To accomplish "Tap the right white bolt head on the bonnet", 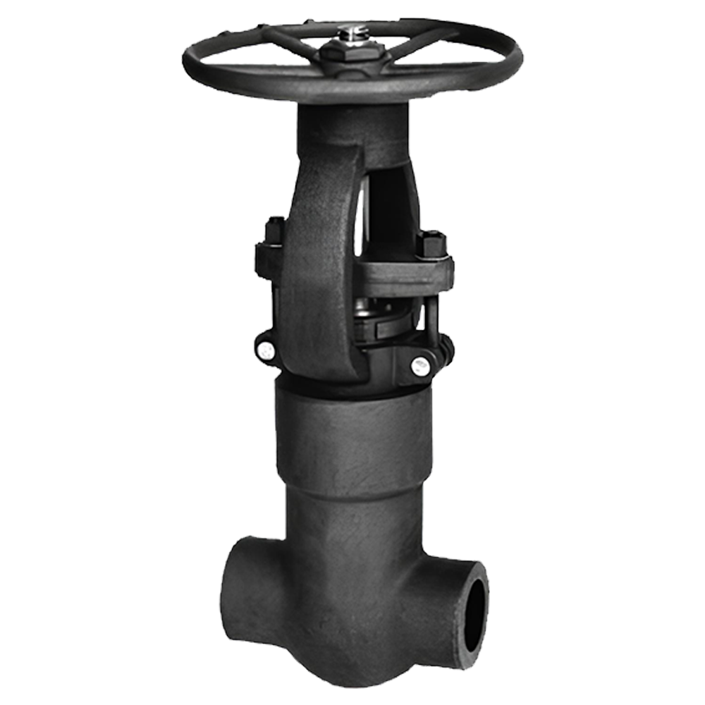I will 420,365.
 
